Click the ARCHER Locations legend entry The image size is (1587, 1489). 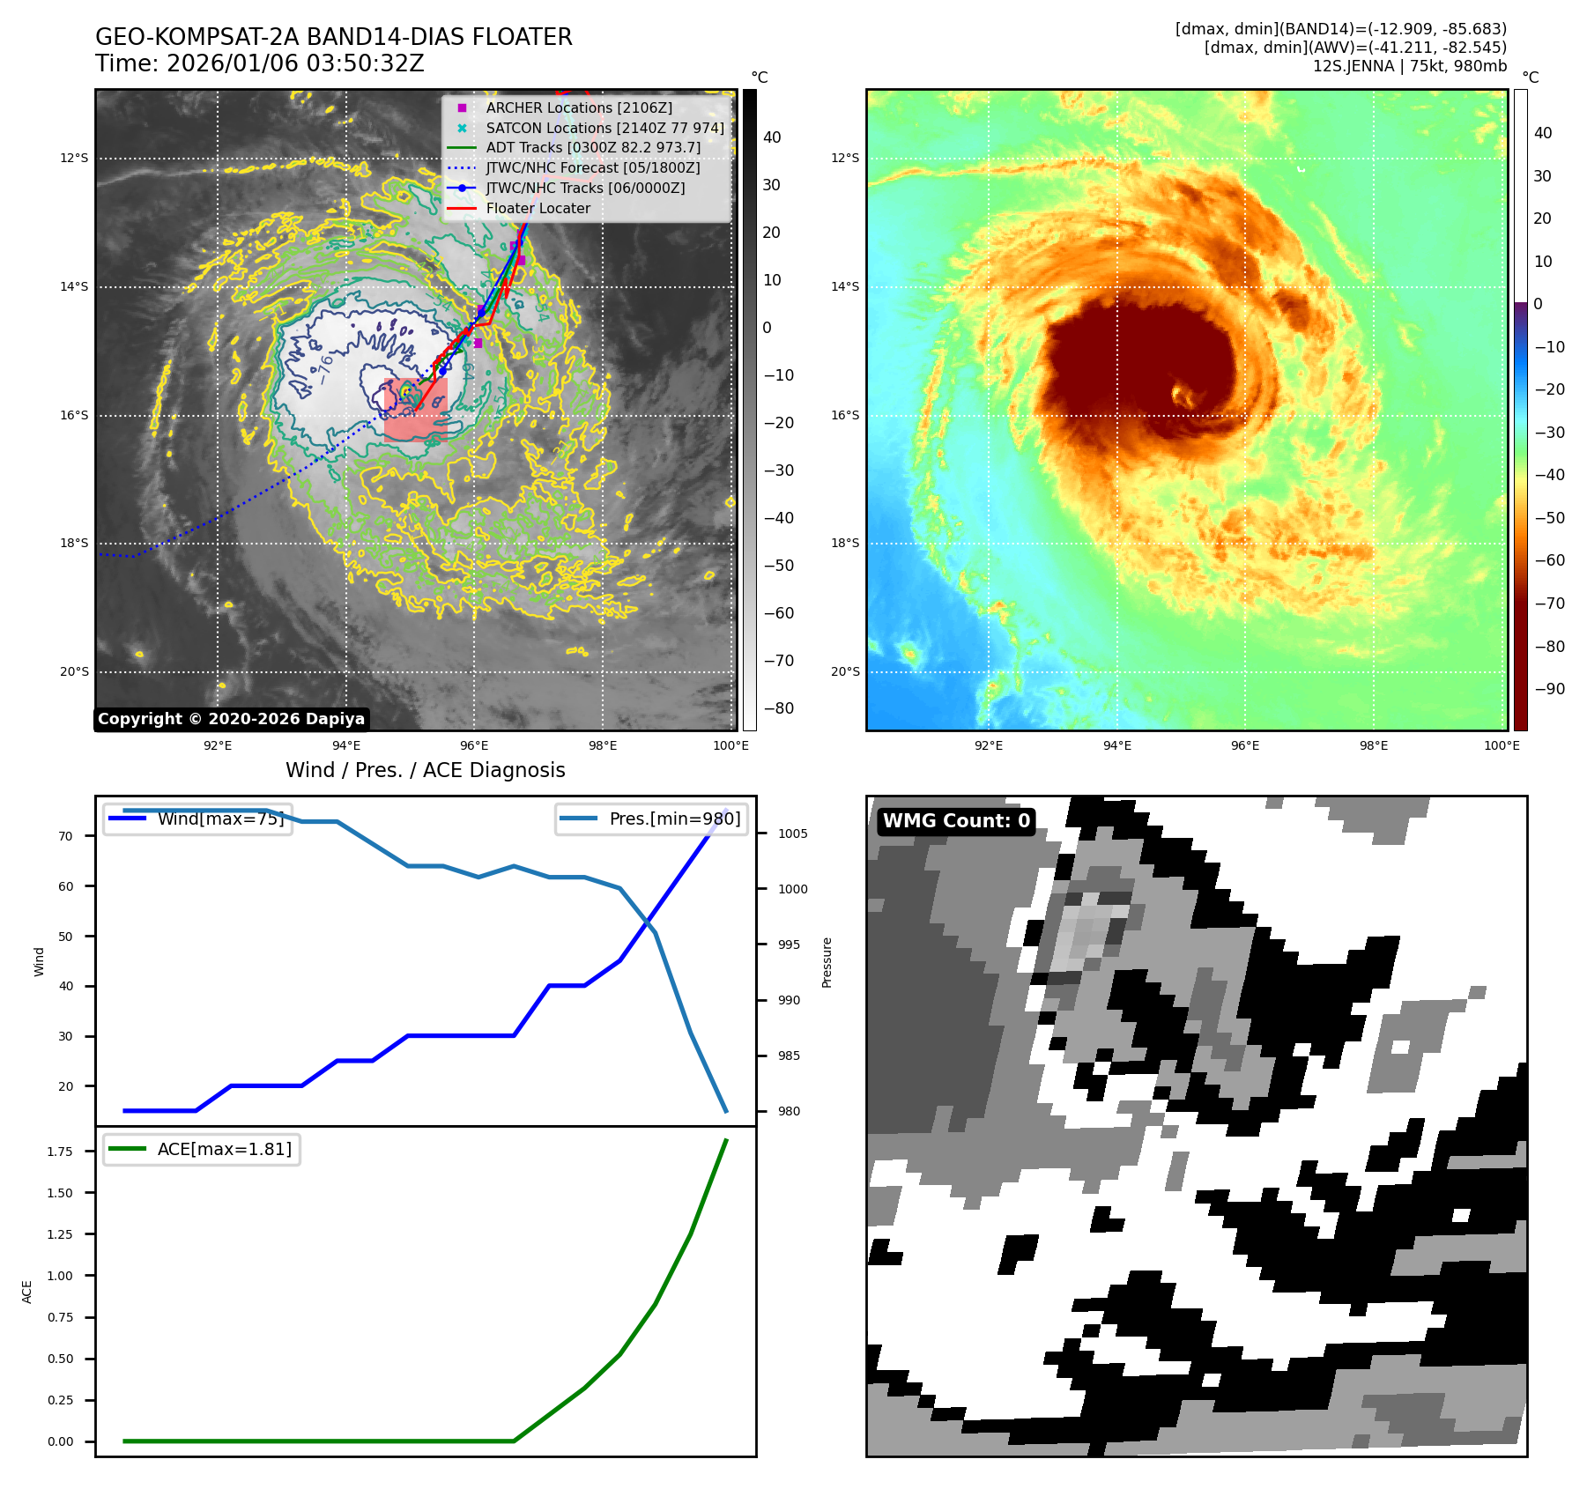click(578, 107)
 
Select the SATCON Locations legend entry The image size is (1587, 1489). click(604, 128)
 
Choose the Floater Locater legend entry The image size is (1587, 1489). click(538, 208)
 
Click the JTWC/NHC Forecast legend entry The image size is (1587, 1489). click(592, 167)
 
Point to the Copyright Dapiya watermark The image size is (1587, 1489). click(231, 719)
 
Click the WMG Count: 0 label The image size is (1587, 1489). click(956, 821)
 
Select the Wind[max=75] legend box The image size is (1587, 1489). click(198, 819)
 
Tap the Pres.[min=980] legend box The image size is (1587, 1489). click(651, 819)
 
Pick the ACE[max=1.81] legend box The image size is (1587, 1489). click(202, 1149)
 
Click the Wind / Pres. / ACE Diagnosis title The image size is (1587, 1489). click(425, 770)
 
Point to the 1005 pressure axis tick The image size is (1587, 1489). click(792, 833)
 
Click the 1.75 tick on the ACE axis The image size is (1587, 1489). click(60, 1152)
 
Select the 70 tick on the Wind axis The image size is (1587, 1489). click(66, 836)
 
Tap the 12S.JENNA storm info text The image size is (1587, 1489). click(1409, 66)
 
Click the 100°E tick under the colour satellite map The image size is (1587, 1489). click(1502, 745)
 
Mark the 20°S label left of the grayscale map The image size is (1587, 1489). click(74, 671)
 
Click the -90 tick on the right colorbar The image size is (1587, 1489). click(1549, 689)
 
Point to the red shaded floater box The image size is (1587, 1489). click(416, 410)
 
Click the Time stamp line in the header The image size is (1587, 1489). click(260, 63)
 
